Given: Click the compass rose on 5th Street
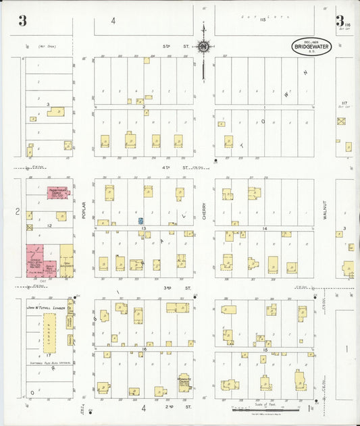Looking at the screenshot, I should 203,47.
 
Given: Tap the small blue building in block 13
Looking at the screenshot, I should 140,221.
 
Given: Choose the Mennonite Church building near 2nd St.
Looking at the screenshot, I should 184,383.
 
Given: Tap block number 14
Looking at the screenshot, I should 265,229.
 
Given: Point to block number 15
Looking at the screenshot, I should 265,350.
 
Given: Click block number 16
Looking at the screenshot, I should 144,350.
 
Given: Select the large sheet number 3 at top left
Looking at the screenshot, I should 22,21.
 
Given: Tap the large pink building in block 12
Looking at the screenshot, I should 37,259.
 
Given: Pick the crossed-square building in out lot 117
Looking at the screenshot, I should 341,122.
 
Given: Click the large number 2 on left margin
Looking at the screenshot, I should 17,212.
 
